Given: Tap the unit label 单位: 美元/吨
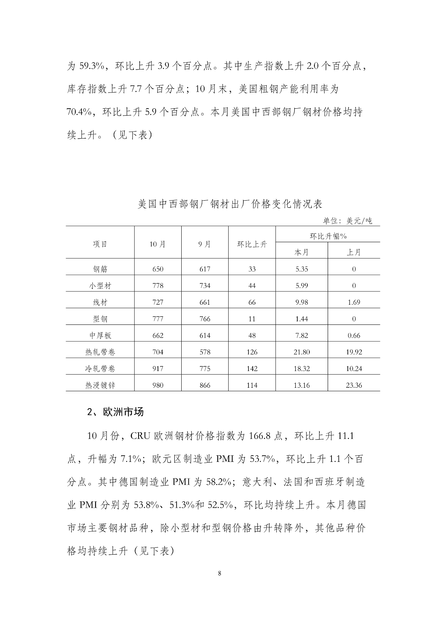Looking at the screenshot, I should pyautogui.click(x=347, y=221).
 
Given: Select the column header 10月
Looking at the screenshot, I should pyautogui.click(x=158, y=244).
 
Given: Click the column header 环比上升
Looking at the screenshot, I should pyautogui.click(x=252, y=244).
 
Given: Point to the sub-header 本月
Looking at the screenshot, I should pyautogui.click(x=302, y=252).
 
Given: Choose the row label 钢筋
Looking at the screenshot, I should pyautogui.click(x=100, y=269).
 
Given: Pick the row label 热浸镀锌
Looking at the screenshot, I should pyautogui.click(x=100, y=385).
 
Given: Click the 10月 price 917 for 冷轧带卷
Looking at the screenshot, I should pyautogui.click(x=158, y=369).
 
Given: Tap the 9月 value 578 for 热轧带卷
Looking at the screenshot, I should pyautogui.click(x=205, y=352).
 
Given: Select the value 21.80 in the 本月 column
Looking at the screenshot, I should pyautogui.click(x=302, y=352).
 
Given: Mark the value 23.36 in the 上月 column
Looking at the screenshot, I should pyautogui.click(x=354, y=385).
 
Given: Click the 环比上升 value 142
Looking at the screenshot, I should pyautogui.click(x=252, y=369).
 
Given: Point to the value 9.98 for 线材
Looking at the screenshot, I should pyautogui.click(x=302, y=302).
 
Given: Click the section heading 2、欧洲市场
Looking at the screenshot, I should pyautogui.click(x=115, y=412).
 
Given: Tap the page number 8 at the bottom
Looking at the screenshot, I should pyautogui.click(x=220, y=574).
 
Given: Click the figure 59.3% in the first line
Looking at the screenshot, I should pyautogui.click(x=90, y=66).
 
